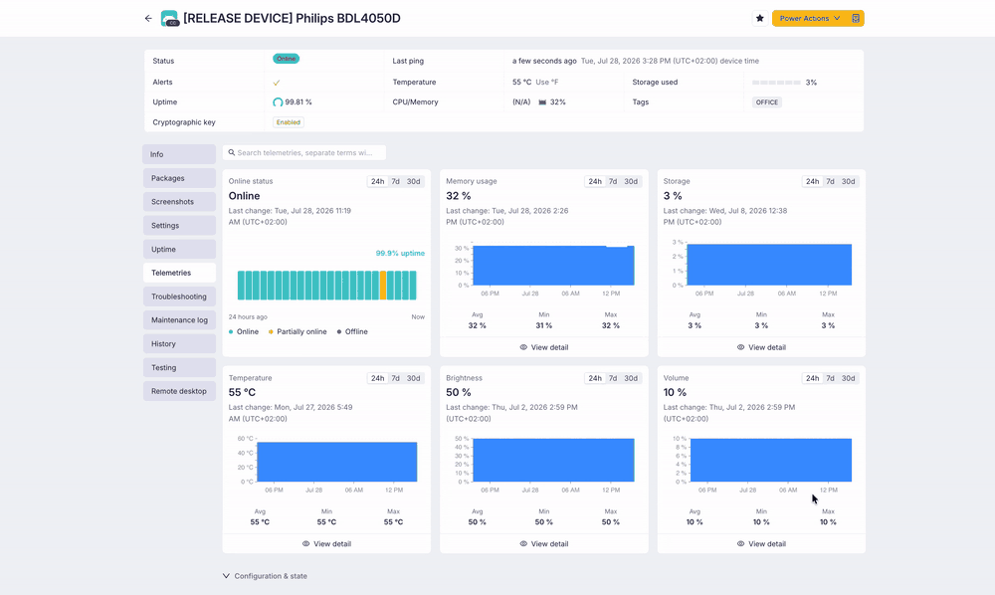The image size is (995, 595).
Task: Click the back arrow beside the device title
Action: tap(148, 18)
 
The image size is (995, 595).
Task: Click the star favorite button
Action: tap(759, 18)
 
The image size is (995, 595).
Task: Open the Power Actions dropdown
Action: tap(810, 18)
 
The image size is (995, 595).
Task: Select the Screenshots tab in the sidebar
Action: tap(179, 202)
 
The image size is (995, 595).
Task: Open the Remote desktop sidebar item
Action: tap(179, 391)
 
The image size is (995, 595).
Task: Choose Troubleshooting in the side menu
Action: tap(179, 297)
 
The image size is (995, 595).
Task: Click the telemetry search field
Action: tap(304, 153)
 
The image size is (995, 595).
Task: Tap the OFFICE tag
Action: tap(766, 102)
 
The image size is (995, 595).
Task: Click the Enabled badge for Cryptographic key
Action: tap(289, 122)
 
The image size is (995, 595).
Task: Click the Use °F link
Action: tap(547, 82)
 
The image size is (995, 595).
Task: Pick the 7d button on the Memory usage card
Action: tap(613, 181)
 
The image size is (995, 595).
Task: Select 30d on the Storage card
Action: tap(849, 181)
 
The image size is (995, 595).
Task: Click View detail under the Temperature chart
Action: tap(326, 543)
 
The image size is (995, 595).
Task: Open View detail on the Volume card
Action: tap(761, 543)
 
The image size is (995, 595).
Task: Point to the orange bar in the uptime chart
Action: tap(383, 286)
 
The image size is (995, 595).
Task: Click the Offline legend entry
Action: tap(352, 331)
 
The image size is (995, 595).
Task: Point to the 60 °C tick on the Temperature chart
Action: tap(246, 439)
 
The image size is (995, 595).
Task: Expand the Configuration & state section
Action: tap(265, 576)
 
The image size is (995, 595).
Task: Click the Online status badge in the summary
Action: tap(287, 59)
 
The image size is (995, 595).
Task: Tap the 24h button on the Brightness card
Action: tap(595, 378)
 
